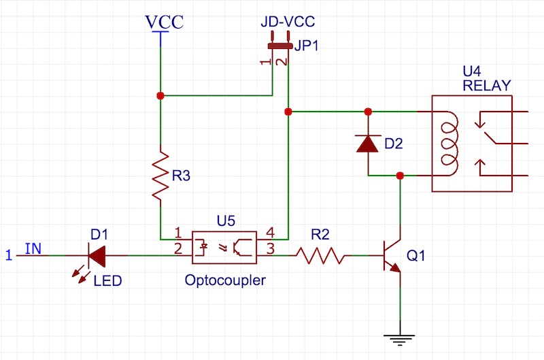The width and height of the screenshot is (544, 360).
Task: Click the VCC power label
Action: point(165,21)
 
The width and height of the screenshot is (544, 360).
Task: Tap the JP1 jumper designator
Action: point(306,46)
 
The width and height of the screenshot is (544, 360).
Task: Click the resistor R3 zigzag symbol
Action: point(159,176)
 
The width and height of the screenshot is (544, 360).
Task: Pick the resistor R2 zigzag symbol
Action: point(320,256)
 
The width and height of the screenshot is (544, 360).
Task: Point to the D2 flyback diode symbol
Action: point(368,144)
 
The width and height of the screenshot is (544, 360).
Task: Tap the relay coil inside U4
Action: point(449,144)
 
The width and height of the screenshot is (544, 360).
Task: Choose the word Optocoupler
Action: point(224,280)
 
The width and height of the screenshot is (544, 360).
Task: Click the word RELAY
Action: point(486,85)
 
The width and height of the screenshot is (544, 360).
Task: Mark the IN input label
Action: point(33,248)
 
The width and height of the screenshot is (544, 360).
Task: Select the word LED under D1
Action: point(107,280)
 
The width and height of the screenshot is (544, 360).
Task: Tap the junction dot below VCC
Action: point(160,96)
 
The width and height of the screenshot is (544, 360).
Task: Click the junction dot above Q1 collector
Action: point(400,176)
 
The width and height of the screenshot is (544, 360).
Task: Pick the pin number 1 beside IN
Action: point(9,256)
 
